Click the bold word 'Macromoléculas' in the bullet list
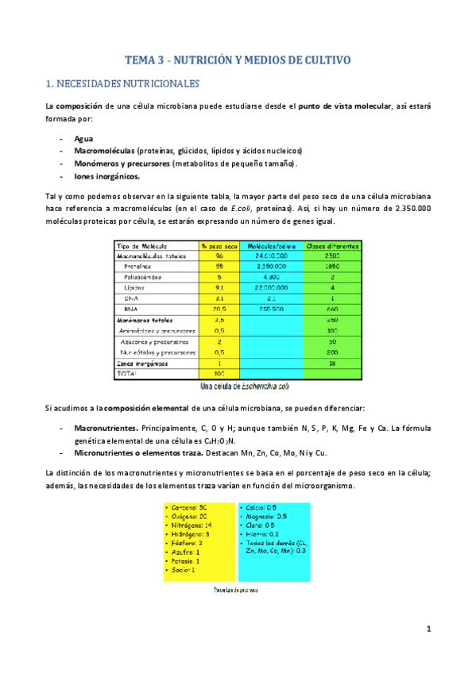[x=104, y=150]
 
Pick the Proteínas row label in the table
[x=137, y=267]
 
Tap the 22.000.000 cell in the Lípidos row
[x=270, y=288]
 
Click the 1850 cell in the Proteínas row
[x=332, y=267]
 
